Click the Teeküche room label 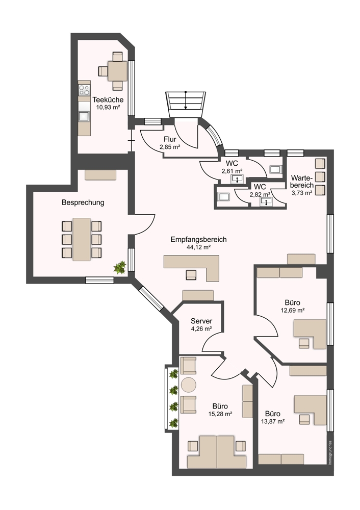[x=108, y=99]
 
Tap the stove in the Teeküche [x=84, y=89]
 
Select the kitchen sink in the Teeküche [x=84, y=116]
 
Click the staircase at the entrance [x=186, y=104]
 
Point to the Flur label [x=170, y=139]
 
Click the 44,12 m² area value [x=198, y=247]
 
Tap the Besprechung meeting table [x=81, y=239]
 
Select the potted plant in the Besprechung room [x=120, y=267]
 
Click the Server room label [x=201, y=321]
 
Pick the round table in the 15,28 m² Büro [x=189, y=385]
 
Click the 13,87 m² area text [x=273, y=421]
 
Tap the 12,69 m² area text [x=292, y=310]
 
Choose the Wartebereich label [x=302, y=182]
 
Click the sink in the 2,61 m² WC [x=238, y=179]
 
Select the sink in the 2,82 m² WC [x=267, y=201]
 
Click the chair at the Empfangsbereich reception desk [x=191, y=275]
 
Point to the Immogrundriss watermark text [x=330, y=453]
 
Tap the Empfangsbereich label [x=198, y=239]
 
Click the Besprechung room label [x=83, y=202]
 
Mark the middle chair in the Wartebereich [x=320, y=176]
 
